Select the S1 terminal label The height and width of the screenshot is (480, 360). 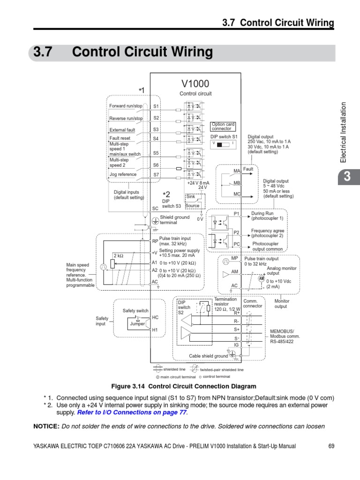pyautogui.click(x=156, y=106)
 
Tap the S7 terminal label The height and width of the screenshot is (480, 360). pyautogui.click(x=156, y=174)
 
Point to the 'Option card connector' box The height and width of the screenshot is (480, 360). pyautogui.click(x=223, y=127)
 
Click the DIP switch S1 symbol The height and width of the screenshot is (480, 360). pyautogui.click(x=223, y=144)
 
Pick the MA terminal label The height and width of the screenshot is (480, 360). pyautogui.click(x=237, y=171)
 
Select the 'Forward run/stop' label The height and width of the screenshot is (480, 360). pyautogui.click(x=126, y=106)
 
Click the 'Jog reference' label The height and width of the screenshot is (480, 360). pyautogui.click(x=123, y=174)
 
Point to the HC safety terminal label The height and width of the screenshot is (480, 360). pyautogui.click(x=156, y=317)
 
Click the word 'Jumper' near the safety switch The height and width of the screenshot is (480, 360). pyautogui.click(x=137, y=323)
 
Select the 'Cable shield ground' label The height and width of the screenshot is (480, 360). pyautogui.click(x=208, y=356)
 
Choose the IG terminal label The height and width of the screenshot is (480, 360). pyautogui.click(x=237, y=345)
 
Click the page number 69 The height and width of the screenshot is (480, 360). pyautogui.click(x=331, y=446)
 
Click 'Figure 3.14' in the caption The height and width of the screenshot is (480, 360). pyautogui.click(x=129, y=387)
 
